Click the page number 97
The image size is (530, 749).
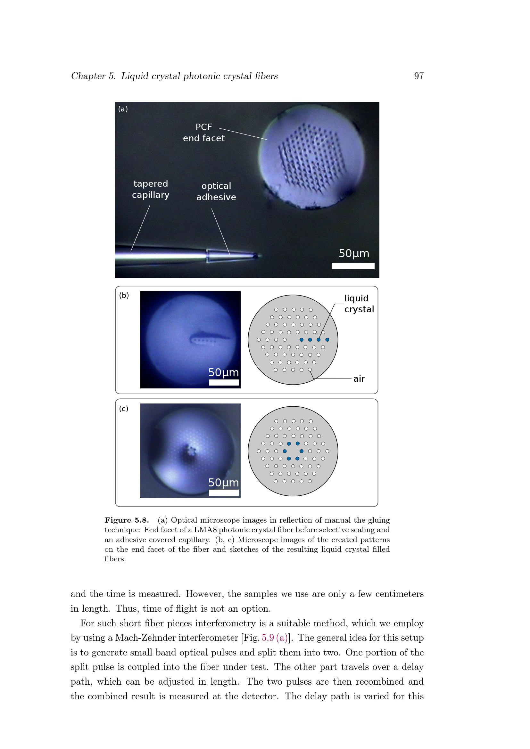pyautogui.click(x=419, y=76)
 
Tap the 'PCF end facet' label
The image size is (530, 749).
pyautogui.click(x=204, y=133)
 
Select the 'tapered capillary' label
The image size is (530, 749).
pyautogui.click(x=151, y=189)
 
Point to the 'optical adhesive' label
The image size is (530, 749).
pyautogui.click(x=216, y=191)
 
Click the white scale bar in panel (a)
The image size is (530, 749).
pyautogui.click(x=353, y=266)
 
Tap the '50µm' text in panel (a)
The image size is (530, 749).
pyautogui.click(x=354, y=254)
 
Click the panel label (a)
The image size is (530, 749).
pyautogui.click(x=123, y=109)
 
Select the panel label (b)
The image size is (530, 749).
pyautogui.click(x=124, y=295)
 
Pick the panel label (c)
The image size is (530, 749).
pyautogui.click(x=124, y=409)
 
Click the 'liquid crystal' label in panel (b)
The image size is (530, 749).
pyautogui.click(x=359, y=304)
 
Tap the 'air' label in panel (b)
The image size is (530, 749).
pyautogui.click(x=359, y=379)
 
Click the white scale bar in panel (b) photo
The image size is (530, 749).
pyautogui.click(x=224, y=382)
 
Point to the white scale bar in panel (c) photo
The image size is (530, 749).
pyautogui.click(x=224, y=493)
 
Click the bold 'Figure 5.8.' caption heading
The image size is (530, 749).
pyautogui.click(x=127, y=520)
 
